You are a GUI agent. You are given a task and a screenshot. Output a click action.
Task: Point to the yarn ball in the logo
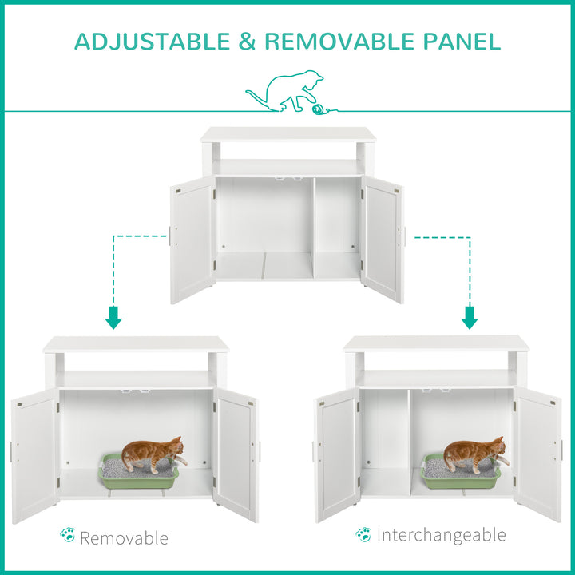click(319, 108)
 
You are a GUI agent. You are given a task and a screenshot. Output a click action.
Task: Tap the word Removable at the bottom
click(124, 537)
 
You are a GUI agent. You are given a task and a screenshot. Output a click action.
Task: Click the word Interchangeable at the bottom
click(442, 534)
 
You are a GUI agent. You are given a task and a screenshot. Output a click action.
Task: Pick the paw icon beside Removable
click(68, 536)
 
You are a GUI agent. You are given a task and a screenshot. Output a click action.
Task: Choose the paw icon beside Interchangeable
click(363, 533)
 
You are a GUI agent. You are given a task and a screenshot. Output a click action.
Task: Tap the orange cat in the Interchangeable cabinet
click(474, 453)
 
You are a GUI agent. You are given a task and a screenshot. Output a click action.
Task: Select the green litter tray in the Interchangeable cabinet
click(461, 475)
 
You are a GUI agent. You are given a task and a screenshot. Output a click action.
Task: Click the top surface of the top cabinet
click(287, 134)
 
